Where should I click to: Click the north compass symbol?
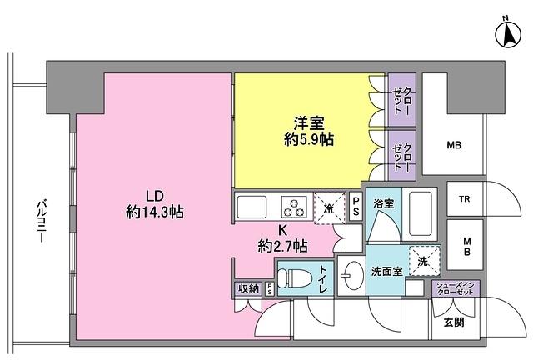506,34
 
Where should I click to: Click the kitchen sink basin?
251,206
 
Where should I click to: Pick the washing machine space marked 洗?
422,261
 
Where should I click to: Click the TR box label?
465,200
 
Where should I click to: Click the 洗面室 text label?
387,271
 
